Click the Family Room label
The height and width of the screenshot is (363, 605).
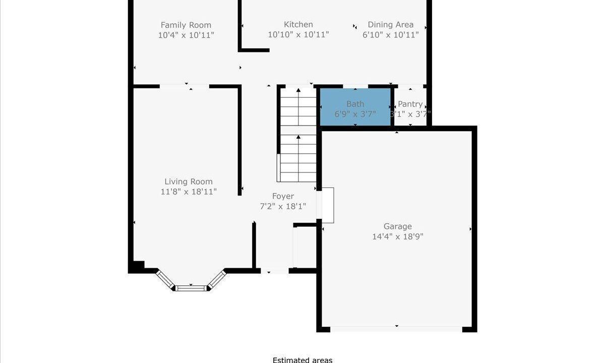(x=186, y=25)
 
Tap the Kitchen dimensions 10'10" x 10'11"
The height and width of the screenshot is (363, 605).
(x=298, y=35)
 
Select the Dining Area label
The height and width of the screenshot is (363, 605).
(x=391, y=25)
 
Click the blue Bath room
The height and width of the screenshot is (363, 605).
(x=355, y=107)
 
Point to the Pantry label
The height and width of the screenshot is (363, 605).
(x=410, y=104)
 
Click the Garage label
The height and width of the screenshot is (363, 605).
(x=398, y=226)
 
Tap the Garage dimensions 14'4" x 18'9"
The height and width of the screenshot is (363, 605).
(x=398, y=236)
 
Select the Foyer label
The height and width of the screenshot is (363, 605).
(x=283, y=196)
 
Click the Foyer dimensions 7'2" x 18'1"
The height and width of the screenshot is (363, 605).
(x=283, y=207)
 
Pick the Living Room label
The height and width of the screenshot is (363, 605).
(x=189, y=182)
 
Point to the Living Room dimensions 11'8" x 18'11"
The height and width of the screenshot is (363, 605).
(x=189, y=192)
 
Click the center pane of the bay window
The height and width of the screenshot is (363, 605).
(x=191, y=288)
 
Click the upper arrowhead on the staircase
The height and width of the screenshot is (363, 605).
(x=298, y=90)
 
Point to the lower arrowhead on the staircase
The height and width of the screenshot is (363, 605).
(x=298, y=137)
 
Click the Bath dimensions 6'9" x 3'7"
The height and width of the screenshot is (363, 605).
(x=355, y=114)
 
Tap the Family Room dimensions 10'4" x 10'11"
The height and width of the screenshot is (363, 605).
(x=186, y=35)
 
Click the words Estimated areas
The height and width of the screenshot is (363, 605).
(x=302, y=360)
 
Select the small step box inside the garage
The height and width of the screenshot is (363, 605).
(x=328, y=205)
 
